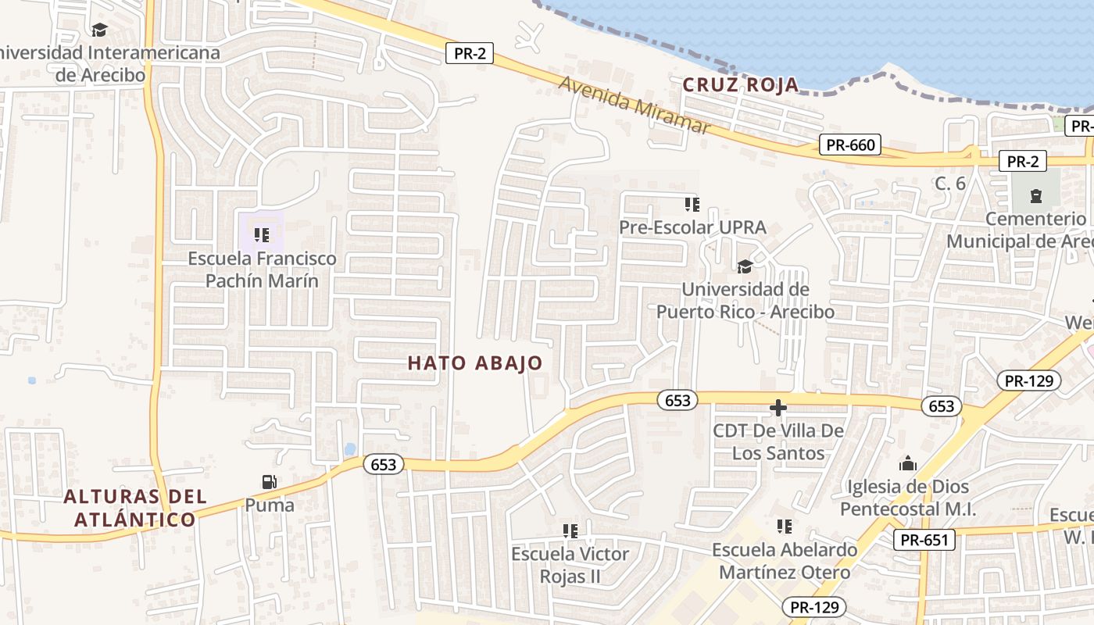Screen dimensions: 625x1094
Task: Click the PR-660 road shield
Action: tap(850, 145)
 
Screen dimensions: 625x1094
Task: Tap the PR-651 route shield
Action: tap(924, 540)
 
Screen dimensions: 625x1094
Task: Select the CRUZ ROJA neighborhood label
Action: tap(741, 84)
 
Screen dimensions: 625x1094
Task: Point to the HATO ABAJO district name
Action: tap(475, 362)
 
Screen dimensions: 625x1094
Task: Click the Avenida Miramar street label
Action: tap(635, 105)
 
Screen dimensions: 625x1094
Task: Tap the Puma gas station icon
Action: tap(270, 482)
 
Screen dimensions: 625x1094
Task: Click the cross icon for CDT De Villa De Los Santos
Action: tap(778, 408)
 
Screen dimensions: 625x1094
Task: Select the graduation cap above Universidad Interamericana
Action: tap(99, 30)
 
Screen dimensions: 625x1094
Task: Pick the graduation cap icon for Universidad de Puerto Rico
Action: tap(745, 267)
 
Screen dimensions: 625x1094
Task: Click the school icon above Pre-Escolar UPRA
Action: tap(692, 205)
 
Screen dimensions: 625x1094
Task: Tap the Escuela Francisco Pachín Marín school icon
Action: tap(261, 234)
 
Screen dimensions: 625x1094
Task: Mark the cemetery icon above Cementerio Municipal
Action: tap(1036, 195)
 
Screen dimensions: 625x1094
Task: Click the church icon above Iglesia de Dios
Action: tap(907, 464)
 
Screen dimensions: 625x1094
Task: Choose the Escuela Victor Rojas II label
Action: tap(570, 565)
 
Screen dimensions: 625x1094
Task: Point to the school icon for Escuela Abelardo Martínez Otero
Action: tap(785, 527)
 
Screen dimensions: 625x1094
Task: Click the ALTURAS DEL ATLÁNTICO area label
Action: tap(135, 508)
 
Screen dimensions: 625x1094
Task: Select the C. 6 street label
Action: tap(951, 184)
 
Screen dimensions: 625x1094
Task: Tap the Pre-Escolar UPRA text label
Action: tap(692, 228)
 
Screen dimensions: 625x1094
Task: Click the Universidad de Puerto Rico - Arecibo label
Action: tap(745, 301)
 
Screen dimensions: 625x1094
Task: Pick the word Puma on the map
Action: tap(270, 505)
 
